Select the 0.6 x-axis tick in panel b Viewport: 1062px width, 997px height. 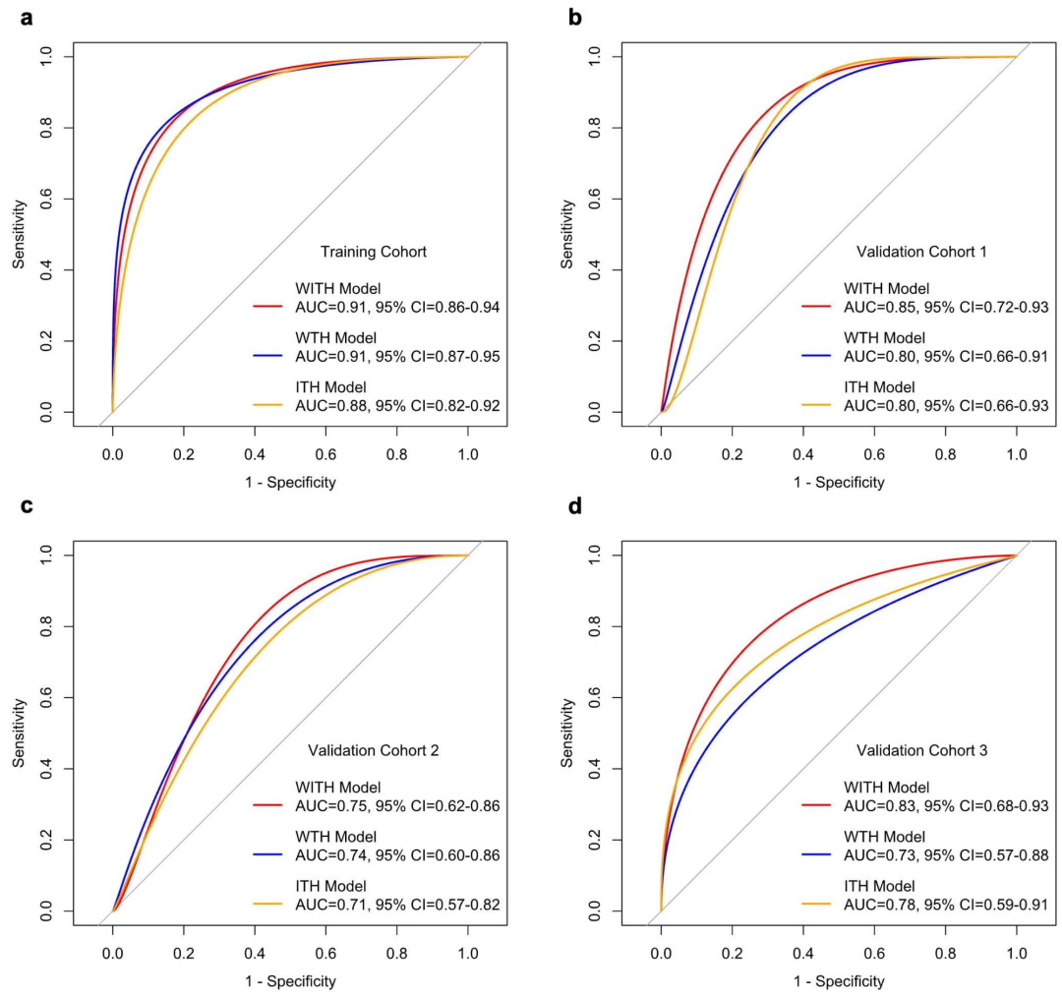tap(875, 456)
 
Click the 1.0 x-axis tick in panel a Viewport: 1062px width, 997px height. tap(467, 456)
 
